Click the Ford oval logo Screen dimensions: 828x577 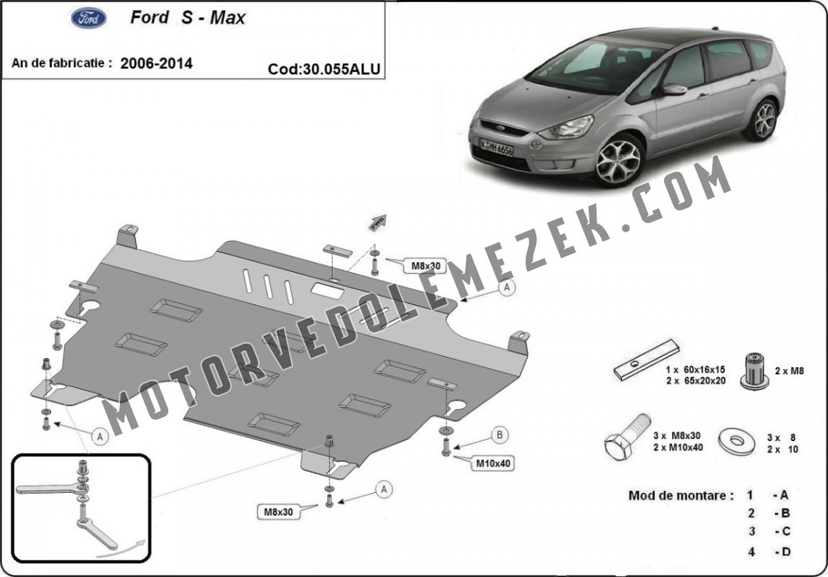[x=88, y=19]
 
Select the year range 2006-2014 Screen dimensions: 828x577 [x=156, y=64]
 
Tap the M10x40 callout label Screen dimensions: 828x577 [x=493, y=463]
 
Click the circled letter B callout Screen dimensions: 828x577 [x=499, y=435]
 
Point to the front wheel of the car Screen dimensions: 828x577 [x=618, y=160]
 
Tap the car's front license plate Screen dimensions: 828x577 [x=496, y=147]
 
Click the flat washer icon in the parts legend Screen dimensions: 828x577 [x=737, y=440]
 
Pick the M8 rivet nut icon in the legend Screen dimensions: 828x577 [x=754, y=371]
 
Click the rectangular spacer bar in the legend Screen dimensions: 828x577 [x=646, y=359]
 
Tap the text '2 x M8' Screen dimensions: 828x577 [x=789, y=371]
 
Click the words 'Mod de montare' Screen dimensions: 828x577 [x=681, y=496]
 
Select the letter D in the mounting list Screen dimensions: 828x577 [x=785, y=552]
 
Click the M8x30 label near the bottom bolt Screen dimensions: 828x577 [x=278, y=512]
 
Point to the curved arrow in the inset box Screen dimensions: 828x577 [x=121, y=549]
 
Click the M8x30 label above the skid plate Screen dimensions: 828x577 [x=425, y=265]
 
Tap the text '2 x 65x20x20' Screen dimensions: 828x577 [x=696, y=381]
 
